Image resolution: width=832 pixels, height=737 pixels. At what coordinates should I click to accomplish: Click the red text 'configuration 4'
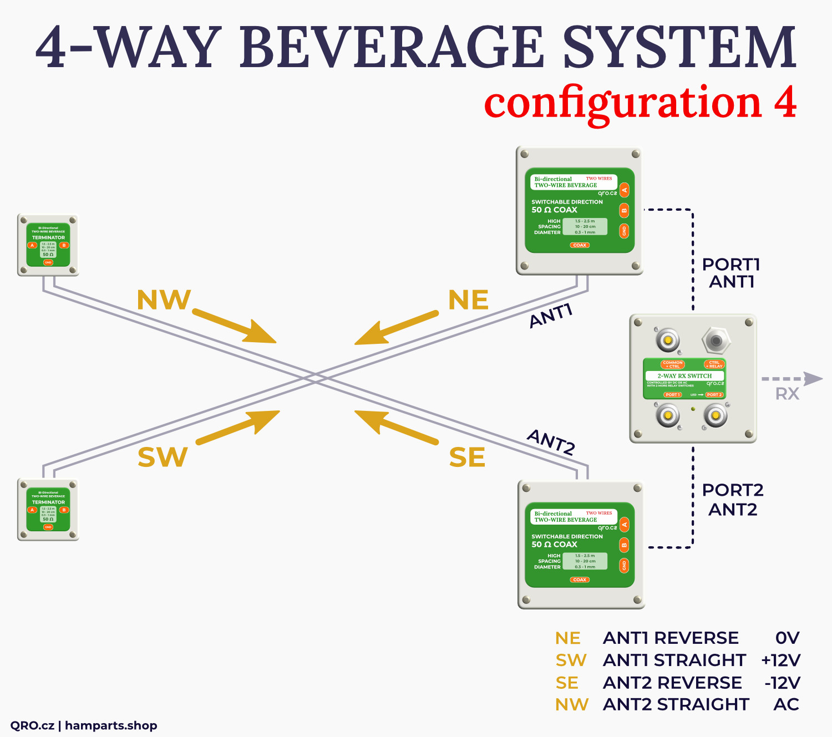click(640, 104)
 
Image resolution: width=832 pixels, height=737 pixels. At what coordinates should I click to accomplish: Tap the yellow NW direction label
click(164, 300)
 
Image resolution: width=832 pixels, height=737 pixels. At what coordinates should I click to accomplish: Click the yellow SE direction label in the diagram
click(467, 458)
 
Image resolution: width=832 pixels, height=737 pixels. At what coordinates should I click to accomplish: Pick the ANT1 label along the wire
click(550, 316)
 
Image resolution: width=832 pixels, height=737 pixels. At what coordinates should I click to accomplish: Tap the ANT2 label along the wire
click(551, 442)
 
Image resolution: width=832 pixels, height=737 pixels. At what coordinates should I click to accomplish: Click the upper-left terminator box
click(48, 245)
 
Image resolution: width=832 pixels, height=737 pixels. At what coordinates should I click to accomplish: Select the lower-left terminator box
click(48, 510)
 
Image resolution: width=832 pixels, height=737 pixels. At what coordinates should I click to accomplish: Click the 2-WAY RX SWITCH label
click(684, 376)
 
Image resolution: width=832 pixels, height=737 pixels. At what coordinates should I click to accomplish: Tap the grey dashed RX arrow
click(792, 379)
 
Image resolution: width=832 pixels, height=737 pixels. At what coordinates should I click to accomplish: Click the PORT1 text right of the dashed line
click(731, 265)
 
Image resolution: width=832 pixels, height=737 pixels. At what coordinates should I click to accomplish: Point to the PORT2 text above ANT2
click(733, 490)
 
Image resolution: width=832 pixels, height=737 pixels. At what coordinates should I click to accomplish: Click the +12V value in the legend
click(781, 660)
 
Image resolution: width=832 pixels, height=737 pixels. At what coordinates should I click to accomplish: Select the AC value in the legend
click(786, 704)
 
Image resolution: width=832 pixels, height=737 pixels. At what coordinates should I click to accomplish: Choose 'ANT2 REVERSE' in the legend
click(672, 683)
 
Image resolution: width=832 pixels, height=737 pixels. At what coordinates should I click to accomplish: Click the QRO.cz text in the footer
click(32, 725)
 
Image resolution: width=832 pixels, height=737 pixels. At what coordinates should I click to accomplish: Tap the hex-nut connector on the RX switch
click(716, 340)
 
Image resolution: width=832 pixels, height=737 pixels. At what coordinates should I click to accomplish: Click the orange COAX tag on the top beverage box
click(580, 245)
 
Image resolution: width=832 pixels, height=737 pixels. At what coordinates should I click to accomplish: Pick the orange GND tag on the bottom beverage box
click(624, 565)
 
